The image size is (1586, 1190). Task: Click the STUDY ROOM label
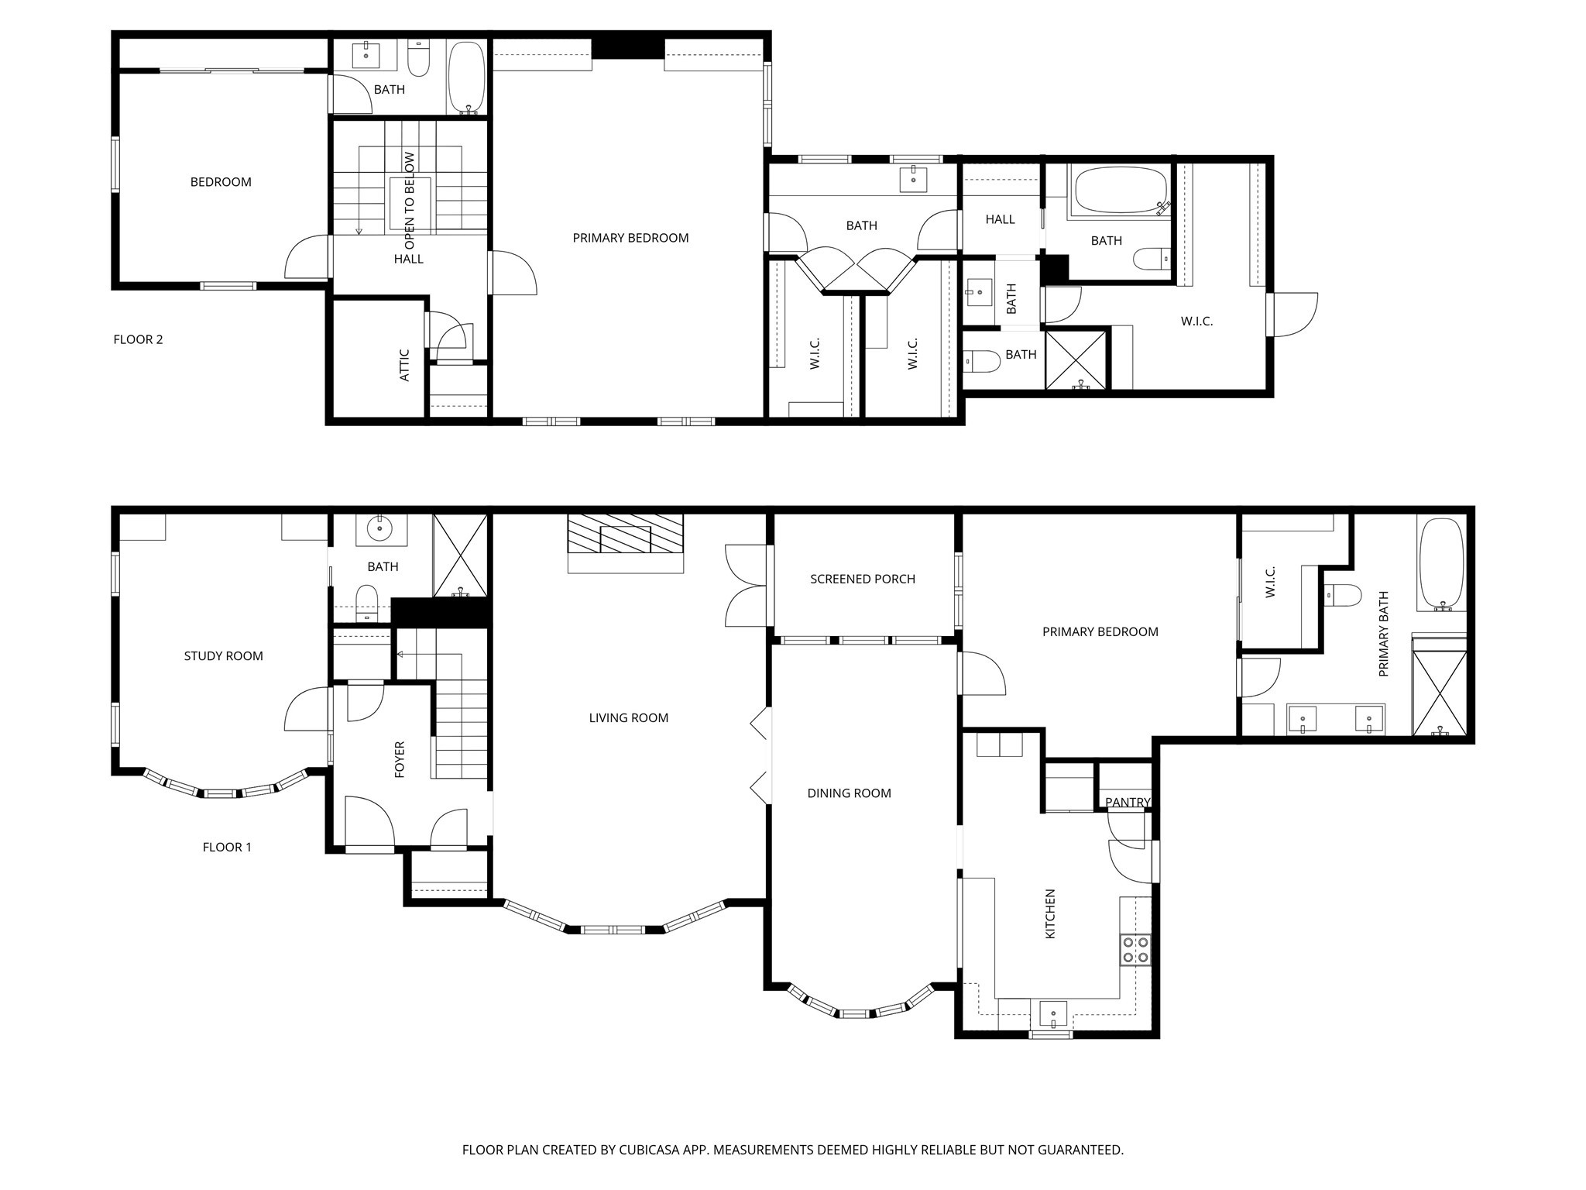pos(223,656)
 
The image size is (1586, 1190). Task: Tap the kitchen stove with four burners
pos(1135,950)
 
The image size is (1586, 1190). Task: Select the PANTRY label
pos(1127,802)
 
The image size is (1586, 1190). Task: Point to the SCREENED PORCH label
pos(862,579)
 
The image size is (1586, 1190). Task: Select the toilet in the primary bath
pos(1343,595)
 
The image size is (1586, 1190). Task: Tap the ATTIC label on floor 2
pos(404,365)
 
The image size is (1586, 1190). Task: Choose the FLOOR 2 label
pos(138,339)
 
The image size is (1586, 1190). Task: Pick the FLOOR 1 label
pos(227,847)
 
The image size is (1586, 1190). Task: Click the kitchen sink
pos(1052,1013)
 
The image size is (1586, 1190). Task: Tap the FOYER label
pos(400,759)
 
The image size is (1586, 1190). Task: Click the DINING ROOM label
pos(849,793)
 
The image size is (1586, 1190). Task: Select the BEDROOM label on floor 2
pos(221,182)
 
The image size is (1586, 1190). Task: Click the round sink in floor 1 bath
pos(380,530)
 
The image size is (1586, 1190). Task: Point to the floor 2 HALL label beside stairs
pos(408,259)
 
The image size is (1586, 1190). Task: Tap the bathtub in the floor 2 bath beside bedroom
pos(466,77)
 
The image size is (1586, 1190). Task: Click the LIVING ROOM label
pos(628,718)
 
